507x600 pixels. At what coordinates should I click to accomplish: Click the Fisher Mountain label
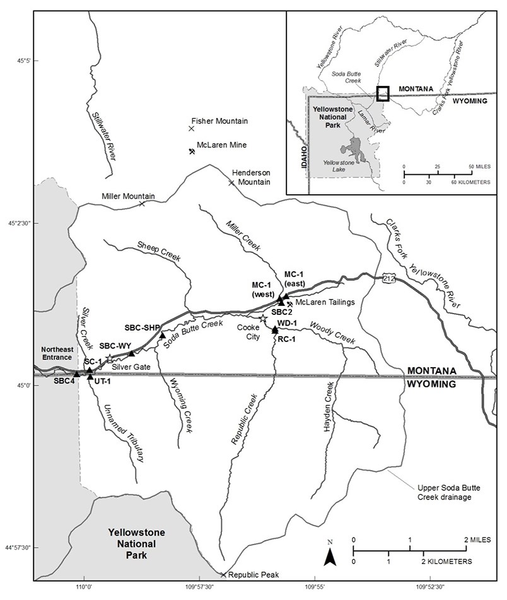pos(220,121)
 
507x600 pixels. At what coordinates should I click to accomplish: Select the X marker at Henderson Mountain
pos(231,183)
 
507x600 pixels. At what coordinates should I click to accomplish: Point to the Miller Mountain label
pos(128,197)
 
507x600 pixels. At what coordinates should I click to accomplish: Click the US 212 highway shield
pos(388,274)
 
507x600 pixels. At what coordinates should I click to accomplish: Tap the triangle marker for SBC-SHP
pos(162,335)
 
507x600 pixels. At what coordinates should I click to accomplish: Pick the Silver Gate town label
pos(131,366)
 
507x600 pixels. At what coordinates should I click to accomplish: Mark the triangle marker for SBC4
pos(77,374)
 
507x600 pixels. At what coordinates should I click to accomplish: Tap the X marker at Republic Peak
pos(223,574)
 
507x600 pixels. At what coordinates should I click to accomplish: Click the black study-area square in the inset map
pos(383,93)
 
